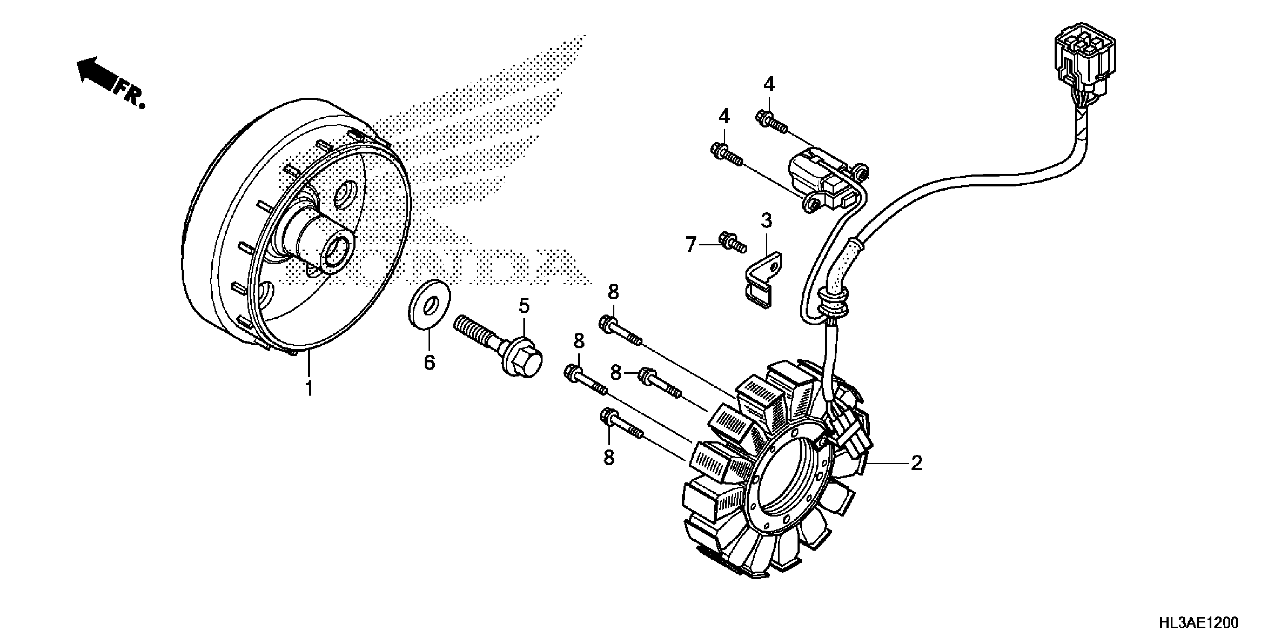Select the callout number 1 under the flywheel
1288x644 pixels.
point(309,388)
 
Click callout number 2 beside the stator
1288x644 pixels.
point(916,464)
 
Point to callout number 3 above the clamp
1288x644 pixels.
point(766,220)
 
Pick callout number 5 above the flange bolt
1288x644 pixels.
point(524,305)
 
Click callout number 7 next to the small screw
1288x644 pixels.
point(691,244)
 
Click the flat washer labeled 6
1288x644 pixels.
point(429,305)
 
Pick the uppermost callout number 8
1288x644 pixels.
point(613,292)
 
